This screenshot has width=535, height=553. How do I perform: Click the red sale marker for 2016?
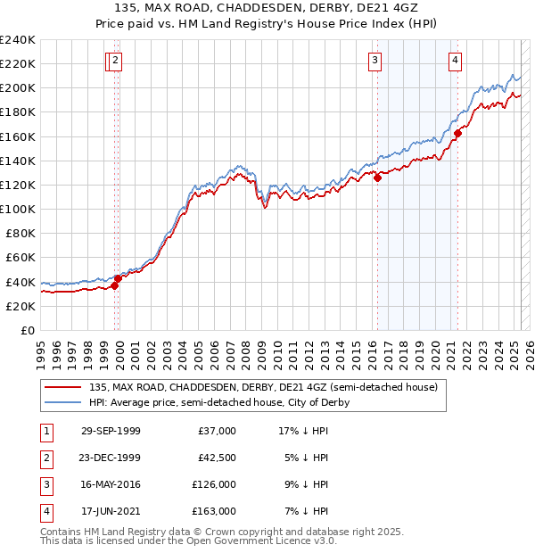tap(377, 177)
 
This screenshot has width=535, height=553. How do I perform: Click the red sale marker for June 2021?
tap(457, 134)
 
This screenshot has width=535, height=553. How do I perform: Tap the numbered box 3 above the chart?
tap(374, 61)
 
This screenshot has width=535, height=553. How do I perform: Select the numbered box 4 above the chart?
tap(455, 61)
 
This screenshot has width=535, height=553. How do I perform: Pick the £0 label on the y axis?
tap(29, 330)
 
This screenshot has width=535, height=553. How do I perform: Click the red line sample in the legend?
tap(62, 388)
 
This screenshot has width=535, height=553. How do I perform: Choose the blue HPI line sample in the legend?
tap(62, 402)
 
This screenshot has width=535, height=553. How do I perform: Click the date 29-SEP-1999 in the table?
tap(111, 431)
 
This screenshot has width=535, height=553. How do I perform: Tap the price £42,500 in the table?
tap(217, 458)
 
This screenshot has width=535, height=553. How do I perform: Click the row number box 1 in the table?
tap(45, 431)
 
